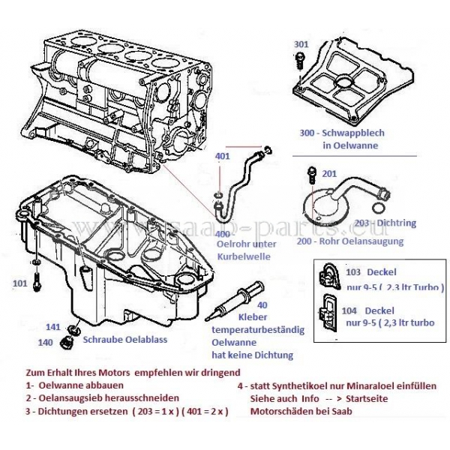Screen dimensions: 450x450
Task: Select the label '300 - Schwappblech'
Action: coord(341,133)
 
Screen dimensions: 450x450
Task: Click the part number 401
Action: coord(223,156)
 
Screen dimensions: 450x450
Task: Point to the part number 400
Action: coord(223,235)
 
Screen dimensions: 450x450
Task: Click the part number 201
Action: coord(329,174)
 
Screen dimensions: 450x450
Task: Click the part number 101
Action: coord(20,284)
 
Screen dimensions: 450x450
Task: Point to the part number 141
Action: coord(52,326)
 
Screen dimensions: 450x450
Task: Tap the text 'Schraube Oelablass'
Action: coord(124,339)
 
